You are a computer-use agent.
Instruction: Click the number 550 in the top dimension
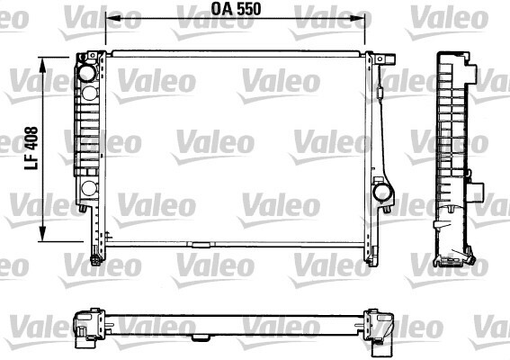point(249,9)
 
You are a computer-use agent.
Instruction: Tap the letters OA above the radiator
point(222,9)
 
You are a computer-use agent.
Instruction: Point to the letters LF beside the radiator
point(31,162)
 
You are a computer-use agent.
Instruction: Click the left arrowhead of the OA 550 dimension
point(113,18)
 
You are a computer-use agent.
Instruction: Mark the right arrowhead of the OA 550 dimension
point(357,18)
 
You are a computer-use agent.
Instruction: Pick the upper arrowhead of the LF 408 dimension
point(42,65)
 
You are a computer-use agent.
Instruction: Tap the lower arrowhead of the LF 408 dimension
point(42,234)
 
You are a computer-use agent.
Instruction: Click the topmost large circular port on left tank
point(87,73)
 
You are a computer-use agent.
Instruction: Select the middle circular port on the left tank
point(89,94)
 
